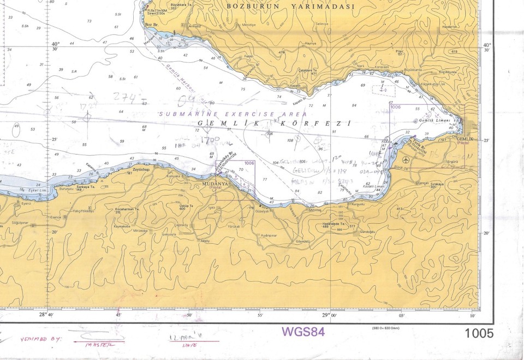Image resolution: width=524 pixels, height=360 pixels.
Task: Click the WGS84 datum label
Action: coord(303,332)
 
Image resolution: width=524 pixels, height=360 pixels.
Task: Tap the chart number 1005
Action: coord(479,333)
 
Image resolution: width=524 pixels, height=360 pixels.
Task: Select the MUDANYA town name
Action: coord(213,184)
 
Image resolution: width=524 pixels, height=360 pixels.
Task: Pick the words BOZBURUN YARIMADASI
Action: coord(290,7)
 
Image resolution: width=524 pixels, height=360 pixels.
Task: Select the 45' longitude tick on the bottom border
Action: coord(118,315)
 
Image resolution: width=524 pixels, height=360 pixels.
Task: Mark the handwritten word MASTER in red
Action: coord(102,344)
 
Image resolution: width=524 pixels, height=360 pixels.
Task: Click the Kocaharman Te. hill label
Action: coord(126,210)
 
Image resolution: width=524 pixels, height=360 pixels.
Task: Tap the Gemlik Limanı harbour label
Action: coord(434,120)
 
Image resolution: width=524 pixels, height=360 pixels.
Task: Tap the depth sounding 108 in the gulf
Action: coord(290,140)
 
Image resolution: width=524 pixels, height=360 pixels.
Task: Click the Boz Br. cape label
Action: coord(151,25)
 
